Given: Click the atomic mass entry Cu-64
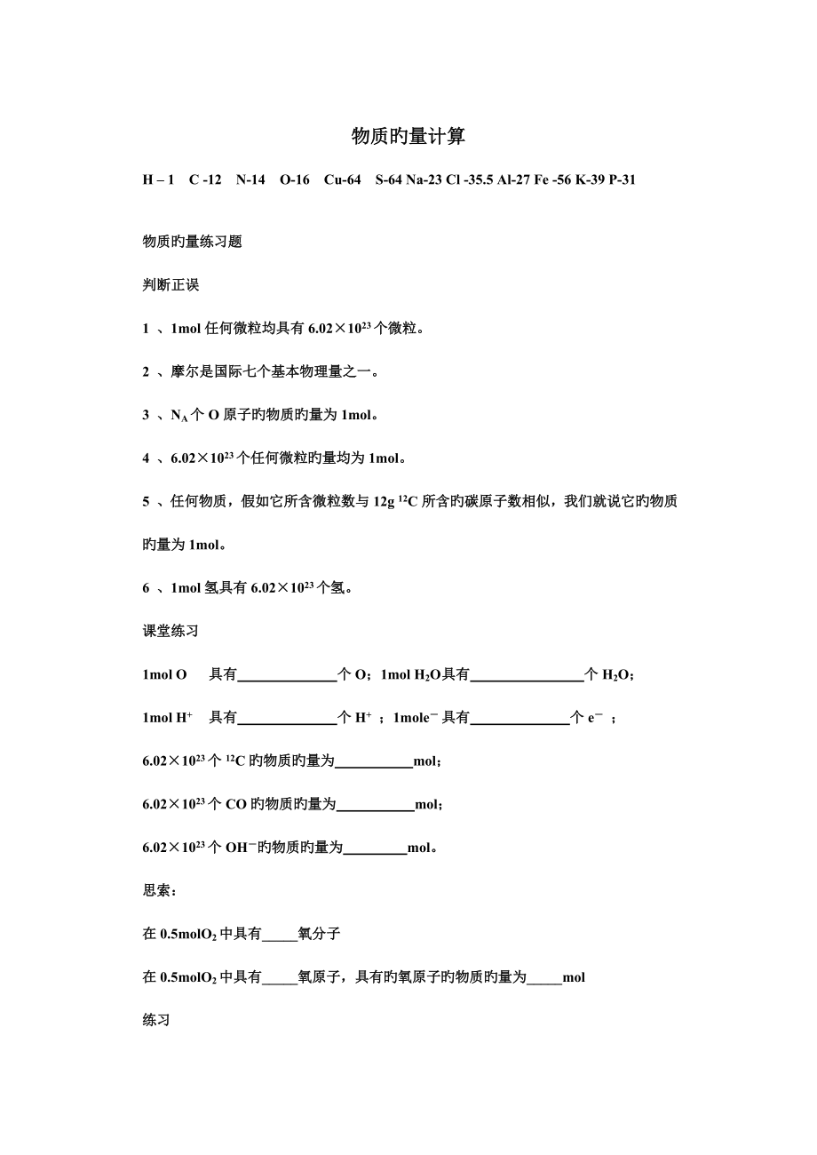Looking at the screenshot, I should [x=342, y=180].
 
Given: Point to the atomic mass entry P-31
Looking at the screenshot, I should [x=623, y=180].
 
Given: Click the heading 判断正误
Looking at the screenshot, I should [x=171, y=285].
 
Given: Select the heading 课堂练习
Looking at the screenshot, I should [x=171, y=631].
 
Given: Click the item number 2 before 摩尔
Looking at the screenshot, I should [x=147, y=372].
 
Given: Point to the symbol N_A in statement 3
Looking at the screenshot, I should [x=178, y=416].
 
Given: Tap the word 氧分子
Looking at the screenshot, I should [x=320, y=934].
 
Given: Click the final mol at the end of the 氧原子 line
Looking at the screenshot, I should [x=574, y=977].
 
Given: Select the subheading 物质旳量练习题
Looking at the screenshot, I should [x=193, y=242].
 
